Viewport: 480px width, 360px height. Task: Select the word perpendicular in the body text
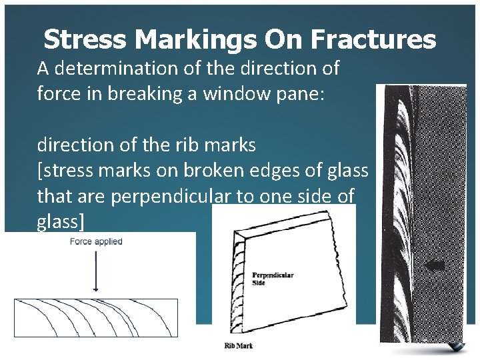coord(165,196)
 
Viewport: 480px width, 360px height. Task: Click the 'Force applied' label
coord(96,241)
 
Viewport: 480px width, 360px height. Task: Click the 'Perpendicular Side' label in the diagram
coord(273,279)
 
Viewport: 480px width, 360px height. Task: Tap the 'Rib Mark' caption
coord(239,345)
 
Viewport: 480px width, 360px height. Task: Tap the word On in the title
coord(283,40)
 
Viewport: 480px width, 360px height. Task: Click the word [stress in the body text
coord(65,170)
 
